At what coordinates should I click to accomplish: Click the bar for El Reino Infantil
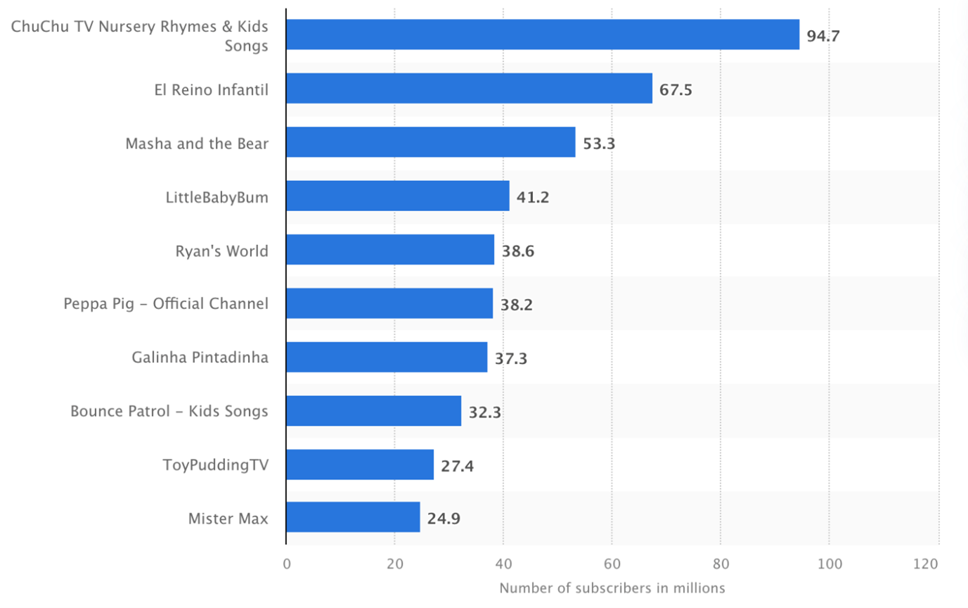[469, 89]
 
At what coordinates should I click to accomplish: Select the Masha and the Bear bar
[430, 142]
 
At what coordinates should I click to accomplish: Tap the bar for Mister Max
[353, 517]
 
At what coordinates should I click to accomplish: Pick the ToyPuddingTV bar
[360, 464]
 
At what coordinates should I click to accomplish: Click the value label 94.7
[822, 36]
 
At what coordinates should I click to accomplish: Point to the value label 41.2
[533, 196]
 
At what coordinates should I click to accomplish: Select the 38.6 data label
[518, 251]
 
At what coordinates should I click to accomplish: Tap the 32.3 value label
[485, 412]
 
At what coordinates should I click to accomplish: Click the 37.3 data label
[511, 358]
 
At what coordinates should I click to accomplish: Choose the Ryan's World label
[221, 251]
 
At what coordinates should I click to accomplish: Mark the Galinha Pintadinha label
[200, 357]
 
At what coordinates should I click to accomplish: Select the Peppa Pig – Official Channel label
[166, 304]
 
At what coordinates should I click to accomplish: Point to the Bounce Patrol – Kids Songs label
[169, 411]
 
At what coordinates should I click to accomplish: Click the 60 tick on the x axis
[612, 564]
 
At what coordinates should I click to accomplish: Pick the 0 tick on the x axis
[286, 564]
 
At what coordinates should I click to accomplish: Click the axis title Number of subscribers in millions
[612, 588]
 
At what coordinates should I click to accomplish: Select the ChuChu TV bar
[542, 34]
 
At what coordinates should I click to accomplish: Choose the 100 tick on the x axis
[829, 564]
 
